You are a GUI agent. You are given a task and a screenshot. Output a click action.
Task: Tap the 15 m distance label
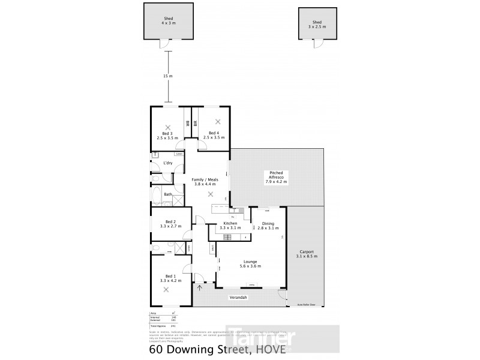pos(168,76)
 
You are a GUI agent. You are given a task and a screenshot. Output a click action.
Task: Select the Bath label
pos(169,194)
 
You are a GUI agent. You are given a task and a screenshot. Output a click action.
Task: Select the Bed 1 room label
pos(170,277)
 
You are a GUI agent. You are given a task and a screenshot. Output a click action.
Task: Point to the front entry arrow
pos(200,287)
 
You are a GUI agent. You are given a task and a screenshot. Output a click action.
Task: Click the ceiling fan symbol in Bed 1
pos(166,289)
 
